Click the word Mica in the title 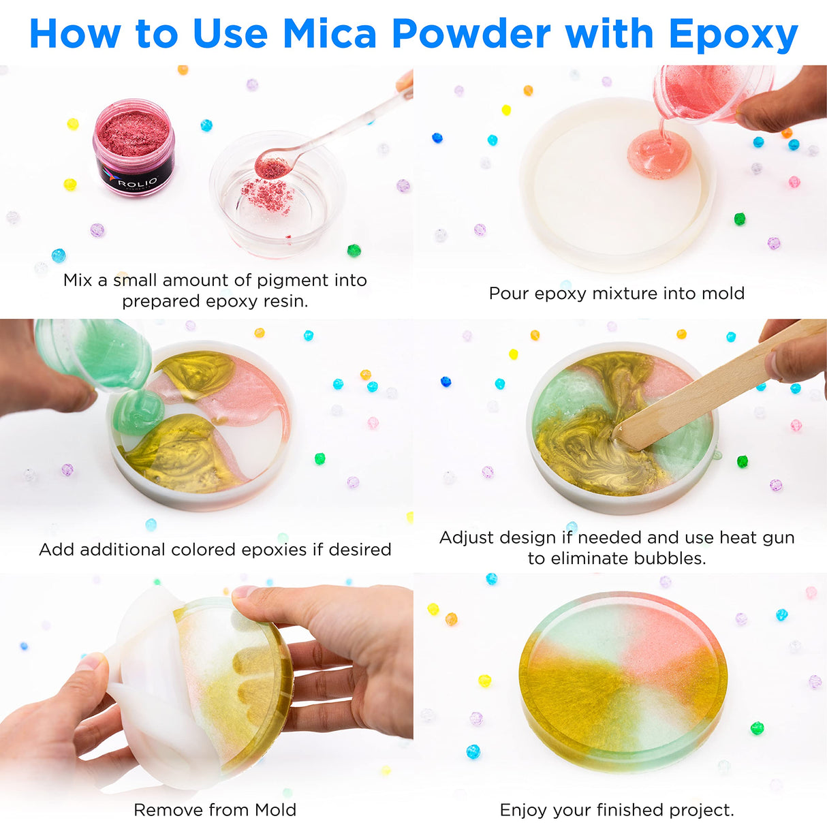click(329, 34)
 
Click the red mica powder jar click(134, 148)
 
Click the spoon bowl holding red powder click(272, 166)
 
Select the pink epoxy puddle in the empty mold click(659, 155)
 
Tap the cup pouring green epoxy click(95, 354)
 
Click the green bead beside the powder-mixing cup click(354, 251)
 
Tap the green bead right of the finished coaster click(757, 728)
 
